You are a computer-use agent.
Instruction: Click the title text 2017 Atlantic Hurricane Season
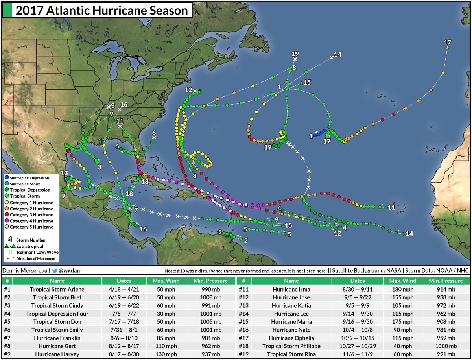coord(101,10)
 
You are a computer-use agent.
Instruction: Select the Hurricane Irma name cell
coord(291,289)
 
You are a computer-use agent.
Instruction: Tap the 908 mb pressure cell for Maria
coord(446,321)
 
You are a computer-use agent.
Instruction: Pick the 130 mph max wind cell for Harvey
coord(164,354)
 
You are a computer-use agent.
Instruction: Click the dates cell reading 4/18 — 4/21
coord(124,289)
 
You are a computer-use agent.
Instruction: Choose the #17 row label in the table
coord(244,338)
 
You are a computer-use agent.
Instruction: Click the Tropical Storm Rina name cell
coord(291,354)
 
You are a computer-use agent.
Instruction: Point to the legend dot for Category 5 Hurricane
coord(6,227)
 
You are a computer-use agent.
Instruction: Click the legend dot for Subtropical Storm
coord(6,184)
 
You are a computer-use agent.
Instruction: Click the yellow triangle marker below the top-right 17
coord(447,48)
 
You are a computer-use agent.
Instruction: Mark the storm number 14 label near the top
coord(337,54)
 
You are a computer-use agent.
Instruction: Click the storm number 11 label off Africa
coord(391,207)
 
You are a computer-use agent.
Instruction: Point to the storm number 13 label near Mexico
coord(64,173)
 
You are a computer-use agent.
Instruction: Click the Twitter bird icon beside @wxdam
coord(55,271)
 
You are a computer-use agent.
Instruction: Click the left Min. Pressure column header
coord(210,281)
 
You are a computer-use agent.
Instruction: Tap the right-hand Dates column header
coord(358,281)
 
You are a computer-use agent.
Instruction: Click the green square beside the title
coord(7,11)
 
